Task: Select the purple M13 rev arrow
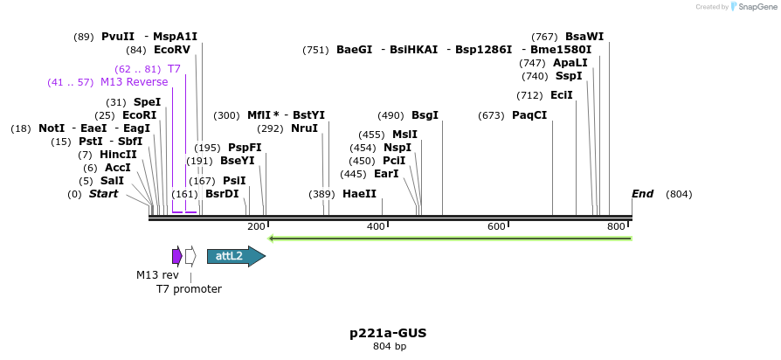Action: [x=176, y=256]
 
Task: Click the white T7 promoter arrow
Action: [x=190, y=256]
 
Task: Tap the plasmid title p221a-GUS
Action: [x=388, y=333]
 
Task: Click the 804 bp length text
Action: [x=389, y=347]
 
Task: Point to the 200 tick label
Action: [x=256, y=227]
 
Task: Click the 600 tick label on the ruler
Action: [x=496, y=227]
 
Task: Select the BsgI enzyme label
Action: [x=425, y=115]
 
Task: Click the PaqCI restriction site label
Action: [x=529, y=115]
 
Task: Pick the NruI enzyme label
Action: [x=304, y=128]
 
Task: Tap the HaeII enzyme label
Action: [x=359, y=194]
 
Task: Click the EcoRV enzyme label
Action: [x=172, y=51]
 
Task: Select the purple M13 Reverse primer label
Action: [x=134, y=82]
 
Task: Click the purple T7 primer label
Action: [x=174, y=69]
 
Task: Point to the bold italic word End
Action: [x=642, y=194]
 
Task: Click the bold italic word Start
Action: [x=103, y=194]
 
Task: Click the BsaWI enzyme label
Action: [x=584, y=37]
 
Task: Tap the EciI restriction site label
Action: [x=562, y=95]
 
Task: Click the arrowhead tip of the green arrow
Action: [x=270, y=238]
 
